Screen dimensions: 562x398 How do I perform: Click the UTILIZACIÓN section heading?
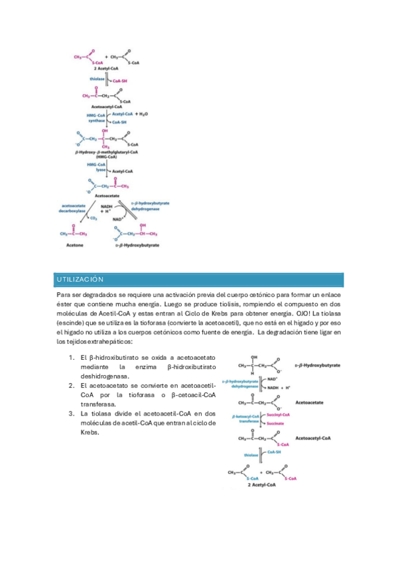point(80,279)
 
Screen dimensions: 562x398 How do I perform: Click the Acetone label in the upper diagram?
point(74,245)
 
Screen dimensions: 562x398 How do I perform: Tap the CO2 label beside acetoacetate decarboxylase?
point(94,217)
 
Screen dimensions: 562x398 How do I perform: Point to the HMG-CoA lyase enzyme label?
point(96,166)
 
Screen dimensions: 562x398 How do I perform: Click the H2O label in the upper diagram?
point(143,114)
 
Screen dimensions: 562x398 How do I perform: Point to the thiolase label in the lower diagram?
point(251,455)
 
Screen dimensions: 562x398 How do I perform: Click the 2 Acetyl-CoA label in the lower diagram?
point(262,485)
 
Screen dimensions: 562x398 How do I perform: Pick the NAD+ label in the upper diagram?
point(117,219)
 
